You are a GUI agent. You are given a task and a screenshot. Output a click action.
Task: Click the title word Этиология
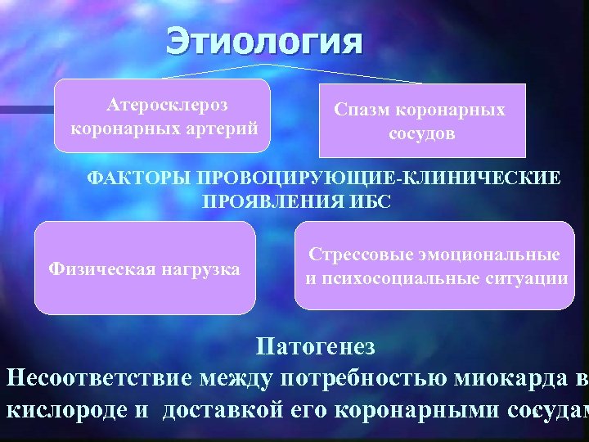(x=263, y=41)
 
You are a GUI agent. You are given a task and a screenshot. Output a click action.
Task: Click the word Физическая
(x=99, y=268)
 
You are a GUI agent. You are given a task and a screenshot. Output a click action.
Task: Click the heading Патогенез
(x=316, y=346)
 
